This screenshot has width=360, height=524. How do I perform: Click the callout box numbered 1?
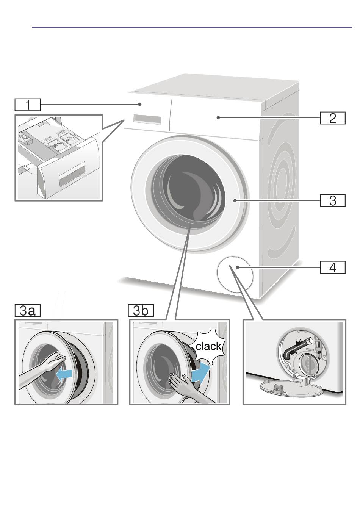coord(28,105)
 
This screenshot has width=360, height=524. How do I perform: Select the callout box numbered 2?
coord(332,118)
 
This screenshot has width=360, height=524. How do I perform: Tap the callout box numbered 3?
coord(332,200)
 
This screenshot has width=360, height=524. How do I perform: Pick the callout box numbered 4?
coord(332,267)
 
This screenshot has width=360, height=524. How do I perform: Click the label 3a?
coord(28,311)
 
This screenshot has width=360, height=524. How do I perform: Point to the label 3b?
coord(141,311)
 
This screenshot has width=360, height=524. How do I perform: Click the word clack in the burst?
coord(208,346)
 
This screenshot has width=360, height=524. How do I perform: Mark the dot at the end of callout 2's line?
coord(218,118)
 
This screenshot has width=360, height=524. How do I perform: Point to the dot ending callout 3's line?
coord(236,200)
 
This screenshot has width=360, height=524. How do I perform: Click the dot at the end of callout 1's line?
coord(140,104)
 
